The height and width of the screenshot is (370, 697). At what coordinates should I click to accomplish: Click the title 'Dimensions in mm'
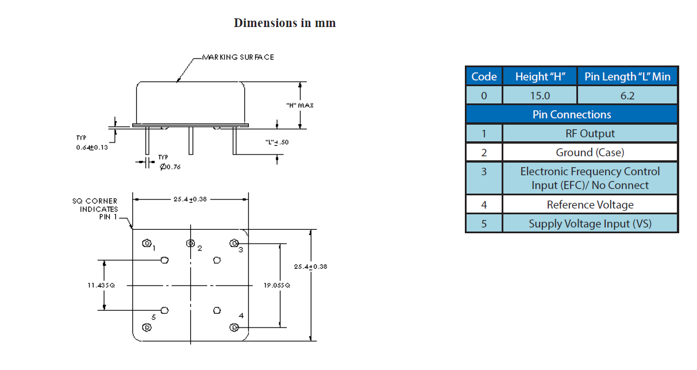tap(284, 23)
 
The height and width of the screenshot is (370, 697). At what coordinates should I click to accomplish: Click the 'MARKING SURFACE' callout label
tap(238, 57)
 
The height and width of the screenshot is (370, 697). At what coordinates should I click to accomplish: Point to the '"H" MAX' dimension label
tap(300, 106)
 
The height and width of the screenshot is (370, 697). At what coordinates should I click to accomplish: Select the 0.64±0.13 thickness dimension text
tap(93, 147)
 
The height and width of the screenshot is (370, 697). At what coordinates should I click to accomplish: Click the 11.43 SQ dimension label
tap(101, 285)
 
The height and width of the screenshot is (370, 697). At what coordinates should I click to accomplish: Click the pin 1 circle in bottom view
tap(147, 244)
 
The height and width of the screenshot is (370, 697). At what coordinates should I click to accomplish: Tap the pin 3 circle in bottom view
tap(234, 244)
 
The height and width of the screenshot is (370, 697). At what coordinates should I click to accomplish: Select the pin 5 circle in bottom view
tap(147, 327)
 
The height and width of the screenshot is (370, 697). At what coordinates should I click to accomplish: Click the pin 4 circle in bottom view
tap(234, 327)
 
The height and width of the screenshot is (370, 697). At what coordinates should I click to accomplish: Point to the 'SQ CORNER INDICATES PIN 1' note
tap(95, 209)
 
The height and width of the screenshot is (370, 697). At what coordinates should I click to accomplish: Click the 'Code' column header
tap(484, 76)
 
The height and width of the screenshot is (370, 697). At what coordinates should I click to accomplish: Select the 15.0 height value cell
tap(540, 95)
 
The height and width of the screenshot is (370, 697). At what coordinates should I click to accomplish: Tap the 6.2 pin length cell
tap(627, 95)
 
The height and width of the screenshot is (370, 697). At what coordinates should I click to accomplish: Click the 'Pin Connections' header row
tap(572, 114)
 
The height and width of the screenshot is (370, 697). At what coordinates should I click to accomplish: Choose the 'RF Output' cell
tap(590, 133)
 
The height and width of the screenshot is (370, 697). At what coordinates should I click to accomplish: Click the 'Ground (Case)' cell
tap(590, 152)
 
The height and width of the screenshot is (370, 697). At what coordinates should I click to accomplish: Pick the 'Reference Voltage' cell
tap(590, 205)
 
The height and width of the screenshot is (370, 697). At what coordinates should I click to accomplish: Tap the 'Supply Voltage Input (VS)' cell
tap(590, 223)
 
